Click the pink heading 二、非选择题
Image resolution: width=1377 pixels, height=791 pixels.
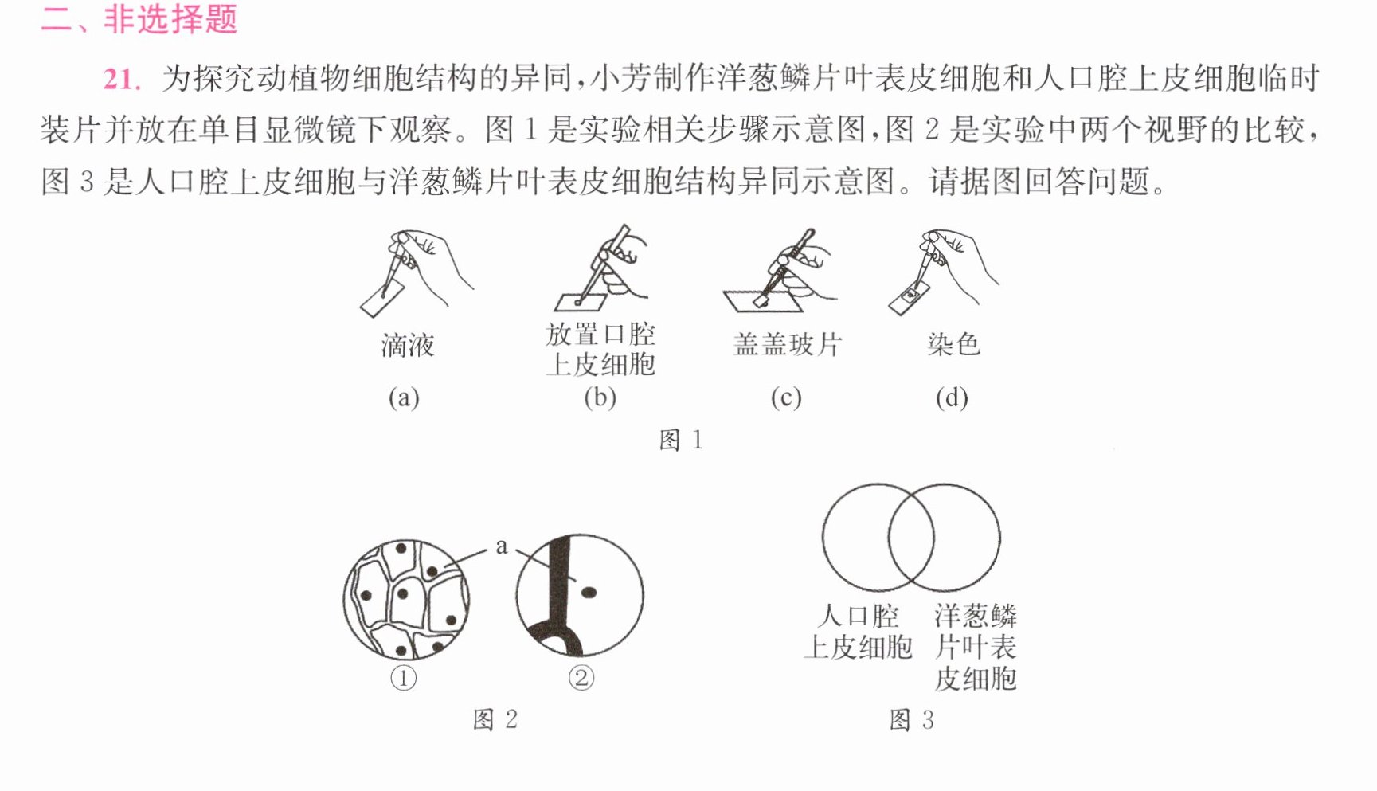point(139,18)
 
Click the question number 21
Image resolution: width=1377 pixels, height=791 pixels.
point(122,79)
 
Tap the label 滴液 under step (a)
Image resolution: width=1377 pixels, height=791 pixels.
point(407,345)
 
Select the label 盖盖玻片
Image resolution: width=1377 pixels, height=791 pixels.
point(787,344)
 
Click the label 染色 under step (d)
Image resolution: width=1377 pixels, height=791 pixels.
point(953,344)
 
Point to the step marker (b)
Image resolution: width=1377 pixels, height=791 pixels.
point(600,397)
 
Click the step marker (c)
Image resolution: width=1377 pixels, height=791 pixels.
point(785,397)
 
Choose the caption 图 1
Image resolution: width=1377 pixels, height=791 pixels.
point(681,440)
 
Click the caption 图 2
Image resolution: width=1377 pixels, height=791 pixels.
point(495,719)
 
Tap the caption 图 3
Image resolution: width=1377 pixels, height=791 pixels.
point(911,719)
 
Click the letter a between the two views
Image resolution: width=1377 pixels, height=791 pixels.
point(501,546)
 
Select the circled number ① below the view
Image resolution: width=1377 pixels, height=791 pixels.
point(404,679)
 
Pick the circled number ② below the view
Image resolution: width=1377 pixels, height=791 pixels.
point(581,679)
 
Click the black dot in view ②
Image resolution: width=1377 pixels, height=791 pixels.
point(589,592)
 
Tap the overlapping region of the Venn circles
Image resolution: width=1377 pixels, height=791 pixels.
point(911,538)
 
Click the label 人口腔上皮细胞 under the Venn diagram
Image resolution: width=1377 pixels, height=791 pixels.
point(858,632)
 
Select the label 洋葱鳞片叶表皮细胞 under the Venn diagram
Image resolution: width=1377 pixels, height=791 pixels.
point(976,647)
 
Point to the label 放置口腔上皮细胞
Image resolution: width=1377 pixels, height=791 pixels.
point(600,349)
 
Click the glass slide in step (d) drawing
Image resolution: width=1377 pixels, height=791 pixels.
point(910,298)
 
